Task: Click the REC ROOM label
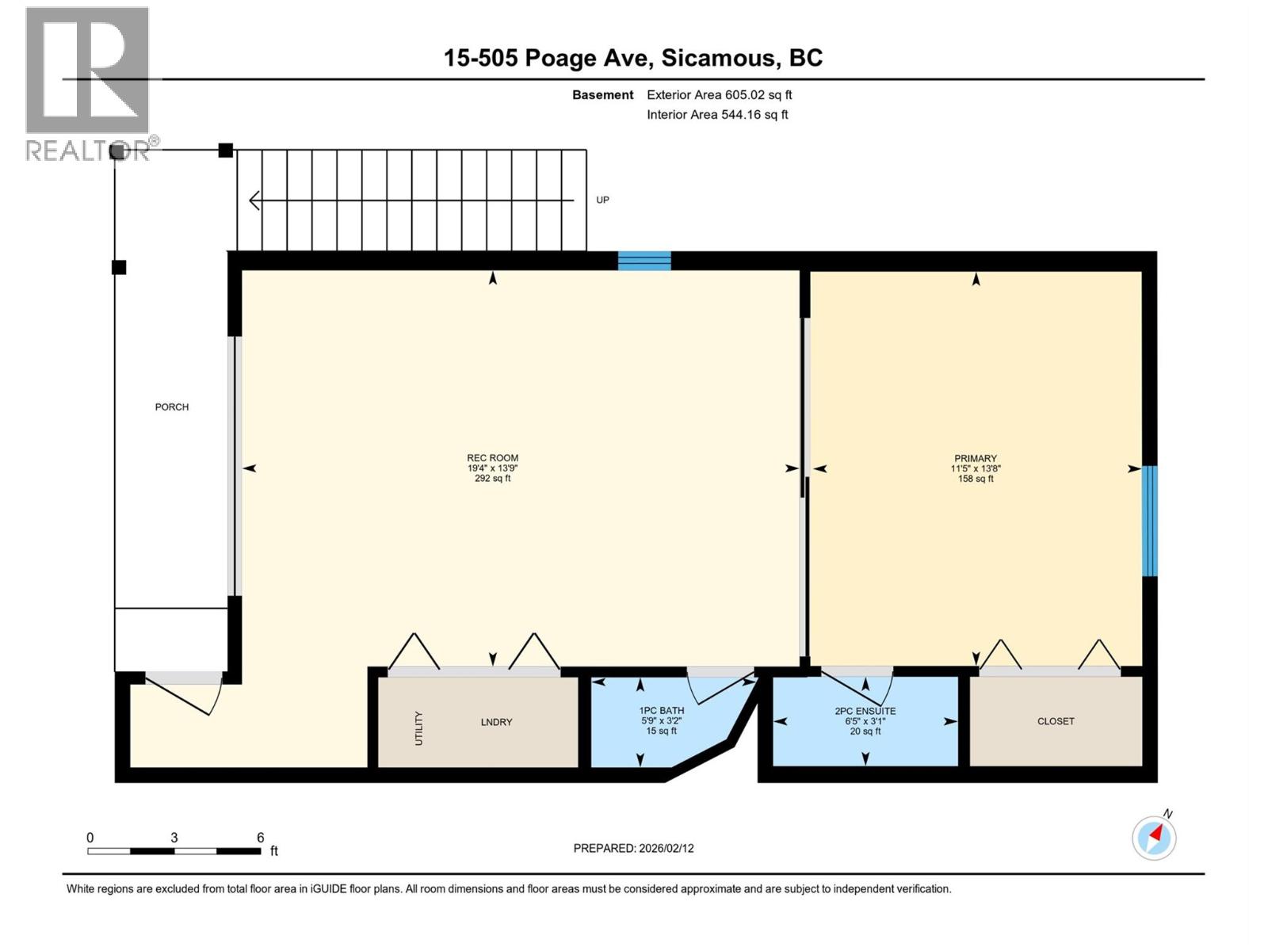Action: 492,458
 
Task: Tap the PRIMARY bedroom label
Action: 975,458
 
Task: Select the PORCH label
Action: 172,407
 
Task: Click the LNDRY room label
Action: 496,722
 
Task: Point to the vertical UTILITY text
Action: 418,728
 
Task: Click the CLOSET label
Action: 1056,721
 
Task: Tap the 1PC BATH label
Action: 662,711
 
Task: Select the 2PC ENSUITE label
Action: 865,711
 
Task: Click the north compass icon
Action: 1154,837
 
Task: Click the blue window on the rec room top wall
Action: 644,261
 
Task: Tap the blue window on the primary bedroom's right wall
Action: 1149,521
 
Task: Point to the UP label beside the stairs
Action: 602,200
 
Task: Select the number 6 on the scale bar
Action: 260,838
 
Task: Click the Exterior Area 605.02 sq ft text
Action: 719,95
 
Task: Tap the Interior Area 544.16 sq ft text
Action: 717,115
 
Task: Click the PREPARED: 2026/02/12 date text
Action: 633,848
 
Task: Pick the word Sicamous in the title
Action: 718,58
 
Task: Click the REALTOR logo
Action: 89,83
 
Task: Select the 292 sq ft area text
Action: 492,479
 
